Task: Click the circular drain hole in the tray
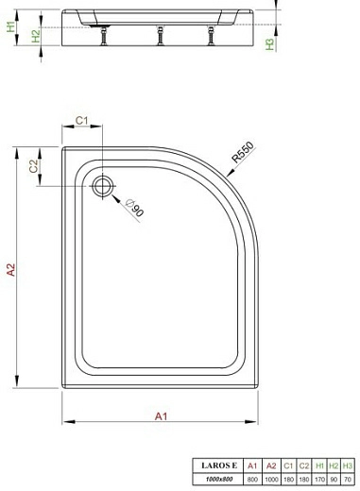pyautogui.click(x=103, y=184)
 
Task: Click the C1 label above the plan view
pyautogui.click(x=82, y=120)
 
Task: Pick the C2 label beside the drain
pyautogui.click(x=35, y=166)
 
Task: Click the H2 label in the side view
pyautogui.click(x=35, y=35)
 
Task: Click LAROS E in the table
pyautogui.click(x=215, y=466)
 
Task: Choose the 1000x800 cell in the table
pyautogui.click(x=215, y=479)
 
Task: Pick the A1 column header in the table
pyautogui.click(x=250, y=466)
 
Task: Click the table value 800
pyautogui.click(x=250, y=479)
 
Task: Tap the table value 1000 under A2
pyautogui.click(x=272, y=479)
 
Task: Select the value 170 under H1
pyautogui.click(x=318, y=479)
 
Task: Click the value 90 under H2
pyautogui.click(x=334, y=479)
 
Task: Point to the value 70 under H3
pyautogui.click(x=348, y=479)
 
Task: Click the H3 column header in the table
pyautogui.click(x=348, y=466)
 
